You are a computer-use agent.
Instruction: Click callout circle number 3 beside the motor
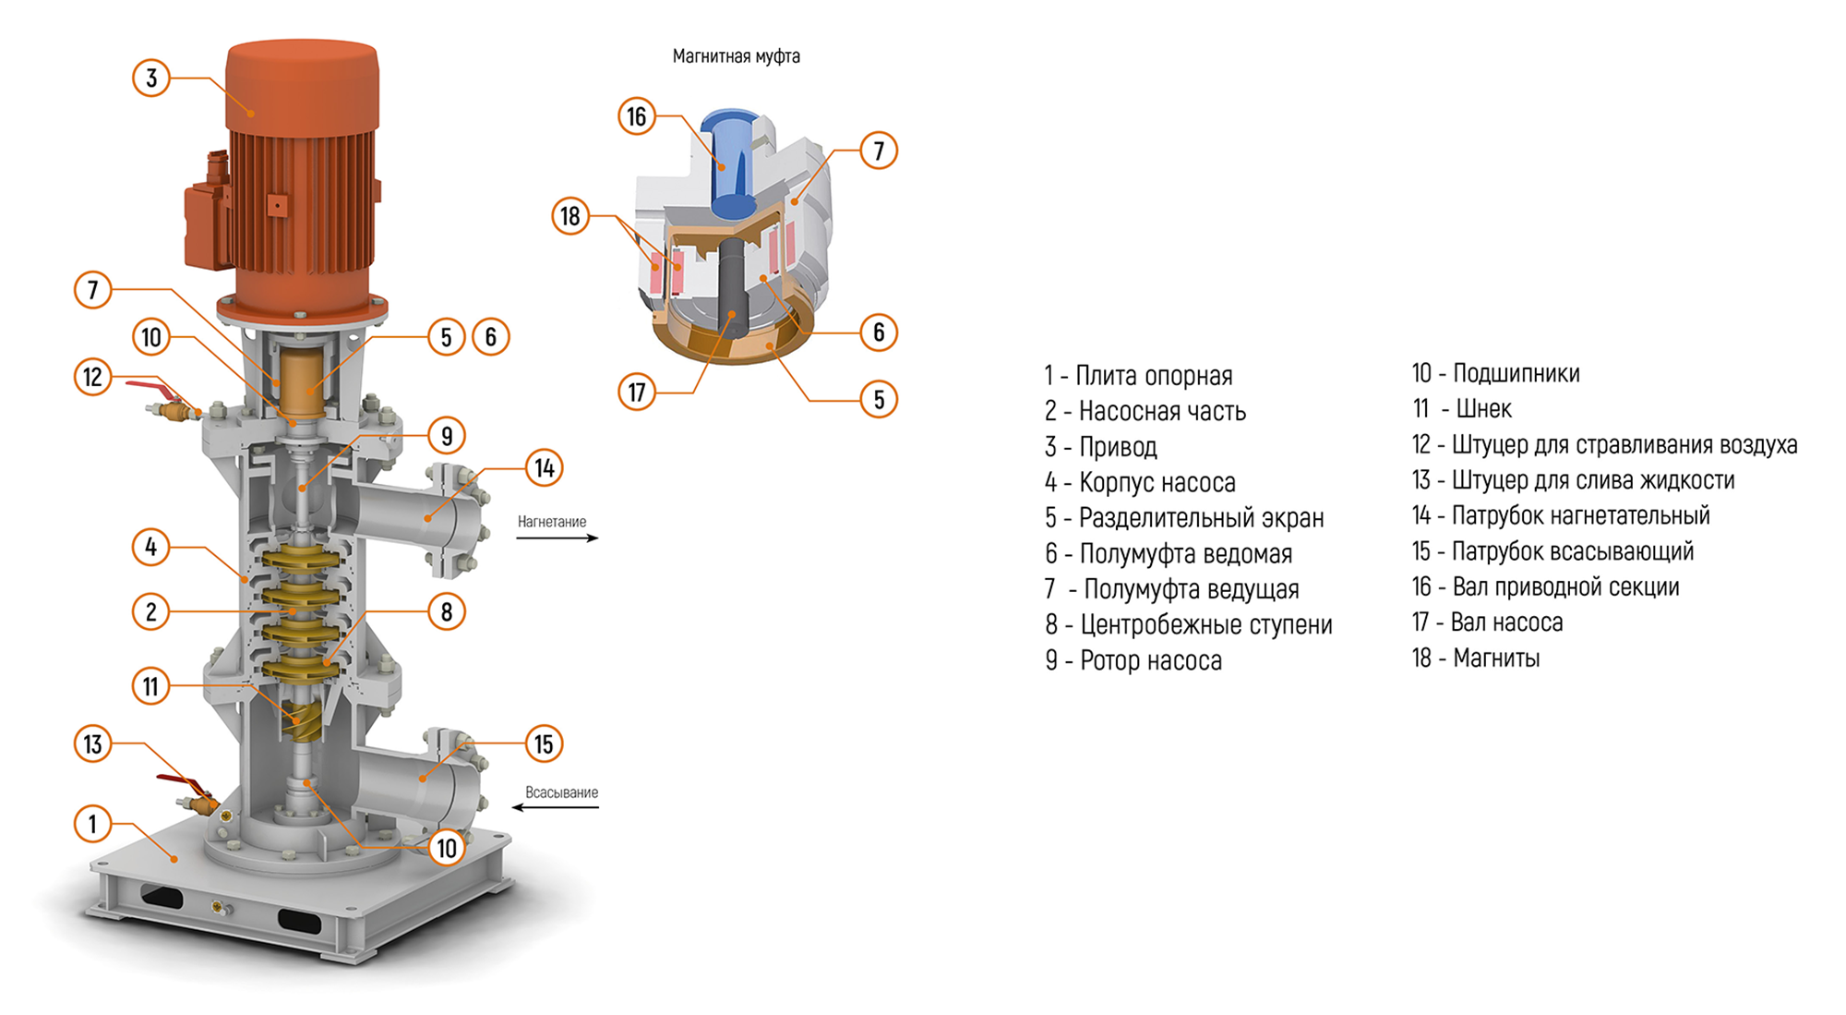click(x=151, y=79)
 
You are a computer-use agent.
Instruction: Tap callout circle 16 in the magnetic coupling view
click(x=637, y=116)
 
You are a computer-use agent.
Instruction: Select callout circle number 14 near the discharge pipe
click(x=545, y=468)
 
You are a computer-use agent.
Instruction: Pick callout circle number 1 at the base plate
click(x=92, y=824)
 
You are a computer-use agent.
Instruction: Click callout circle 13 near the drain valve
click(x=92, y=744)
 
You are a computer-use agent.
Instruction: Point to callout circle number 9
click(x=447, y=436)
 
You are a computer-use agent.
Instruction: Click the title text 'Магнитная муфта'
click(x=736, y=56)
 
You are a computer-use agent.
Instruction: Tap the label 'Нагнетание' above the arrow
click(x=551, y=522)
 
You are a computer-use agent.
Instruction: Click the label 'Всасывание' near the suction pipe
click(x=561, y=792)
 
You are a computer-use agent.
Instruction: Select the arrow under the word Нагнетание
click(x=557, y=538)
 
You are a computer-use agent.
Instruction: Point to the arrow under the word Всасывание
click(x=556, y=807)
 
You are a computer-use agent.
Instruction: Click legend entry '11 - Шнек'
click(x=1462, y=408)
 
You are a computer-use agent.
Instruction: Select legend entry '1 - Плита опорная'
click(x=1138, y=376)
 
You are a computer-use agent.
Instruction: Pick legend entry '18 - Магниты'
click(x=1475, y=658)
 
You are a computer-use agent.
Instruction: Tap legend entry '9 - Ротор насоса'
click(x=1133, y=660)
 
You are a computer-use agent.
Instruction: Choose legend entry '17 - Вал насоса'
click(x=1487, y=622)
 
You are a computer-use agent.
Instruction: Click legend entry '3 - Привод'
click(x=1100, y=447)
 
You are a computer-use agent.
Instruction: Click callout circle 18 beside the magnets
click(x=570, y=216)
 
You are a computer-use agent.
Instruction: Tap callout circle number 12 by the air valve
click(x=92, y=377)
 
